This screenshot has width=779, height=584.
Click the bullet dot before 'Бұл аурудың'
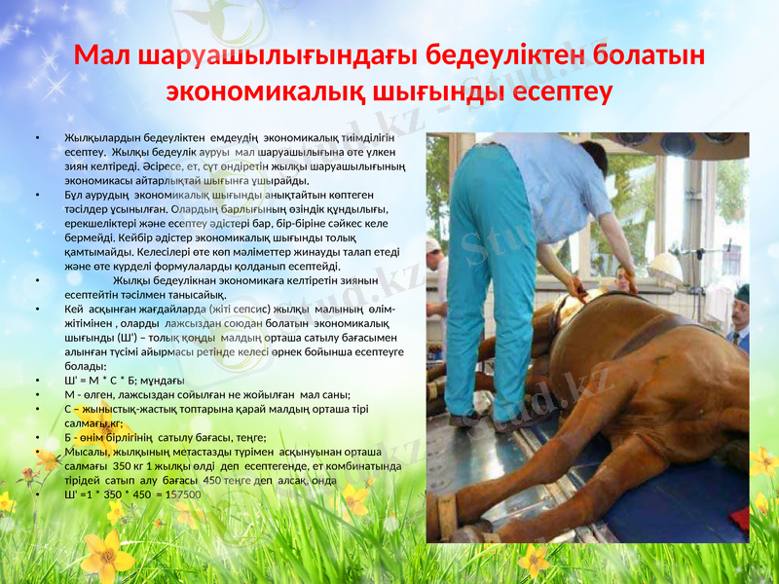[x=37, y=195]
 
